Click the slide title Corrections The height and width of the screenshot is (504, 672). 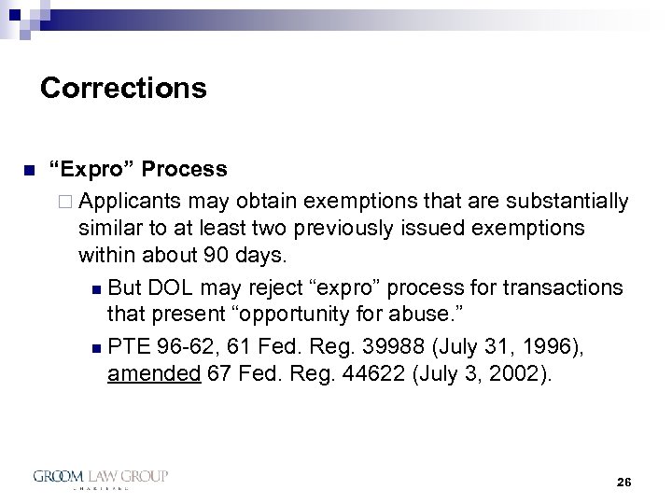click(123, 89)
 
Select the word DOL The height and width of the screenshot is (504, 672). click(175, 286)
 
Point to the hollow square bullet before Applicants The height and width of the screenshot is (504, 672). click(71, 203)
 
